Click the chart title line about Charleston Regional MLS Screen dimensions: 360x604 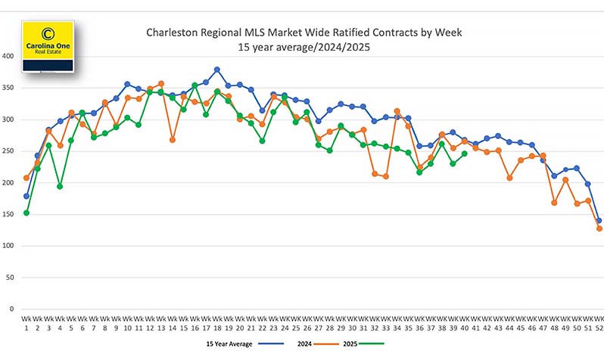(304, 33)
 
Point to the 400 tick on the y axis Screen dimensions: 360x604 (9, 56)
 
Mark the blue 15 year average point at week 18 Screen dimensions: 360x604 (217, 70)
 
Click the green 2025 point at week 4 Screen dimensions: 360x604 (60, 186)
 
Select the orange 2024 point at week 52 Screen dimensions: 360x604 (599, 228)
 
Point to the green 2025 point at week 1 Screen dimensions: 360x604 (26, 213)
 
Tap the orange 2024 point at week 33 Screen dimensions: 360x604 (385, 176)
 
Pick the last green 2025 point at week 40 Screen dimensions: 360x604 (465, 154)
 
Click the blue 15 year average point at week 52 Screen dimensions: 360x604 (599, 221)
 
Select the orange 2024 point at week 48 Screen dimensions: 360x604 (555, 203)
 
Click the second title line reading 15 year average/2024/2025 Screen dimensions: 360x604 (304, 47)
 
